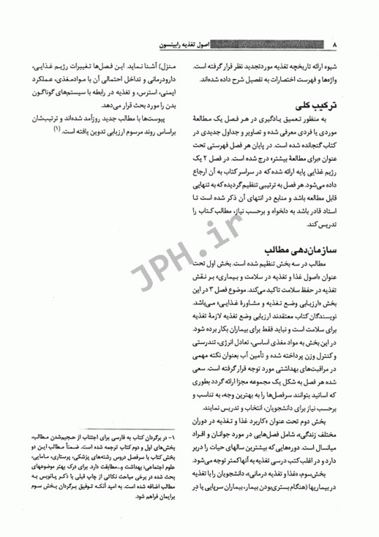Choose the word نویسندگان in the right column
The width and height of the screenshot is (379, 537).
[323, 318]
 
